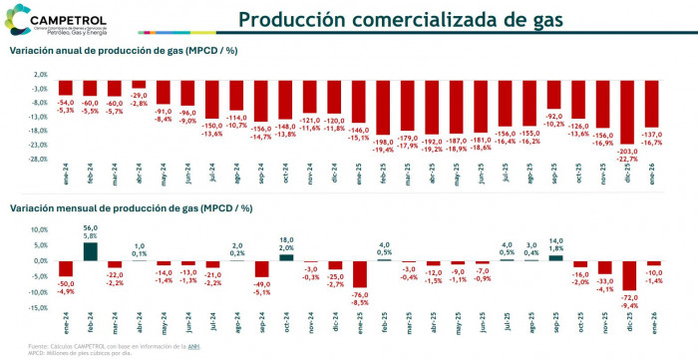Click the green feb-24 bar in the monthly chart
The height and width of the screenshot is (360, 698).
click(91, 251)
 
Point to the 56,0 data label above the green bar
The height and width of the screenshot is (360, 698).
click(91, 228)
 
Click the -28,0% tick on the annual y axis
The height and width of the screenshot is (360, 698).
click(39, 159)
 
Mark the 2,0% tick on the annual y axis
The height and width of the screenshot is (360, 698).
click(41, 75)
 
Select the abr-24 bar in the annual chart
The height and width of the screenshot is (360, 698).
click(140, 85)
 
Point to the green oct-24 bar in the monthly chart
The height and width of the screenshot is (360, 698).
click(285, 256)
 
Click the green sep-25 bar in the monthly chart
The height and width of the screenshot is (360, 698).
click(554, 257)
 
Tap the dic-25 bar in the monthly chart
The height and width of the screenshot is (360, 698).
click(628, 275)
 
